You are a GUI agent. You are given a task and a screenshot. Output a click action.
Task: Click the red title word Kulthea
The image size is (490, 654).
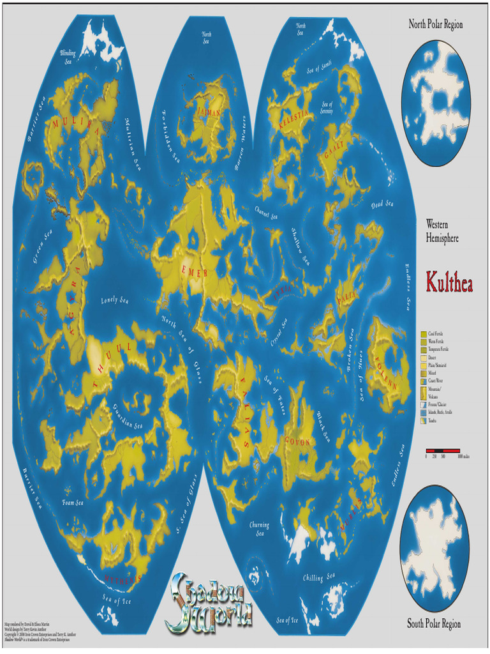[x=449, y=282]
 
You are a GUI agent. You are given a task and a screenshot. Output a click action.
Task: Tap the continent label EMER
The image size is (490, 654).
[x=195, y=272]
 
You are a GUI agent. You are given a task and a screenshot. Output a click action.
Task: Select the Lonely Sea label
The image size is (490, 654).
[x=115, y=300]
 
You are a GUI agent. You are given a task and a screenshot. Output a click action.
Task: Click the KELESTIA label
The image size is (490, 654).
[x=293, y=119]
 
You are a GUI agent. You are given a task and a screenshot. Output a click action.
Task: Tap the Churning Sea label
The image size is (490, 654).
[x=259, y=529]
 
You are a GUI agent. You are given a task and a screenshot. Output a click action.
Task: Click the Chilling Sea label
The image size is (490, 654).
[x=318, y=576]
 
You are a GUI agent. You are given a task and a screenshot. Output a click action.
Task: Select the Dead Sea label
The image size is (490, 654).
[x=382, y=204]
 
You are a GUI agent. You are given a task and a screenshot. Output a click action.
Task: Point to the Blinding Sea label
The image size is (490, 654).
[x=68, y=58]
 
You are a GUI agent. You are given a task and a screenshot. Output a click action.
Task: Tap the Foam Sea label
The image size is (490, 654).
[x=73, y=503]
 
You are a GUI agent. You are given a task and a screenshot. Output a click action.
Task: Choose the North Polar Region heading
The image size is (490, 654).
[x=436, y=24]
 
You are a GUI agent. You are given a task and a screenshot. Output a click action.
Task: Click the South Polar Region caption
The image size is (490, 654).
[x=434, y=623]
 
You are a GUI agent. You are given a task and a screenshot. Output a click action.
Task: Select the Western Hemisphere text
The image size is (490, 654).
[x=442, y=231]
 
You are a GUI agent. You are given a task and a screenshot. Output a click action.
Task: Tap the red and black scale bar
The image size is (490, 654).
[x=443, y=450]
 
